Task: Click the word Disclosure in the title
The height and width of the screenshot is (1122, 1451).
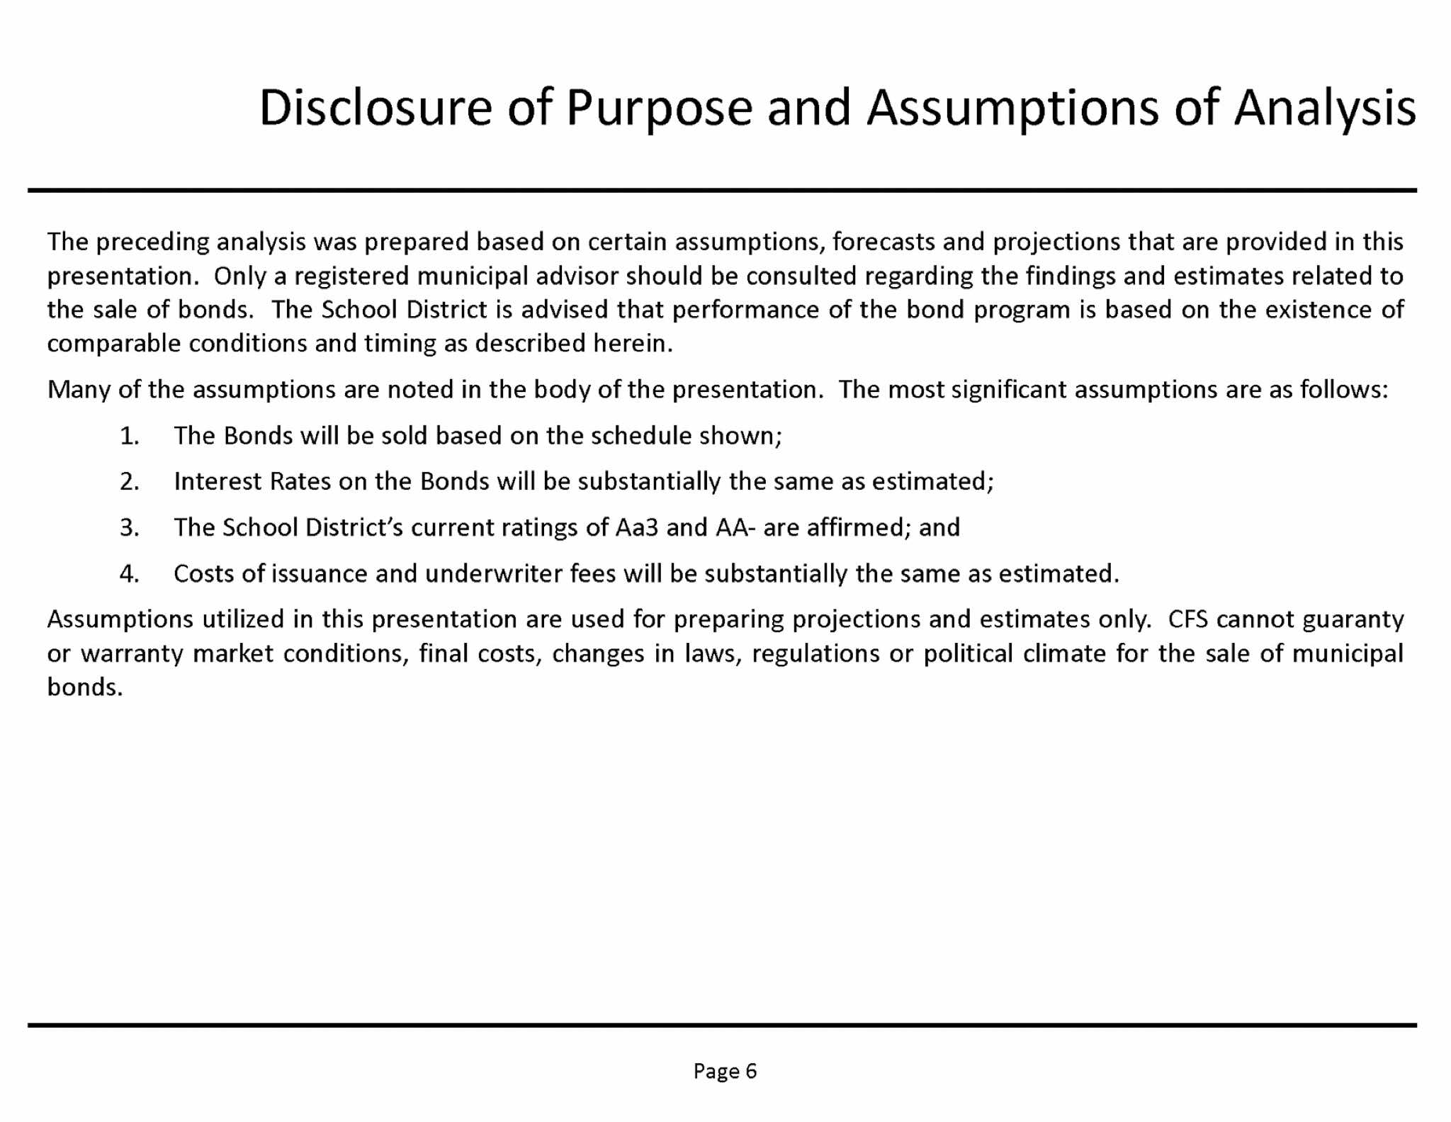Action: [376, 108]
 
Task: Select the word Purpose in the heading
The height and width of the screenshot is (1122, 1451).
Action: [658, 109]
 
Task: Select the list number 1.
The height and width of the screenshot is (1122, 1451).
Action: [129, 436]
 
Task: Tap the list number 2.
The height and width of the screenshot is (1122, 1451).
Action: [129, 482]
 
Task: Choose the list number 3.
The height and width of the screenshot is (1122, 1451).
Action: [129, 528]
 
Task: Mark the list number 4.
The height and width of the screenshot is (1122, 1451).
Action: [129, 574]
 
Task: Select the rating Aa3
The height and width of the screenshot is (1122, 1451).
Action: [633, 528]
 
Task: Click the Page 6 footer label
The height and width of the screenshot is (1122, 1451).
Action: [725, 1071]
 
